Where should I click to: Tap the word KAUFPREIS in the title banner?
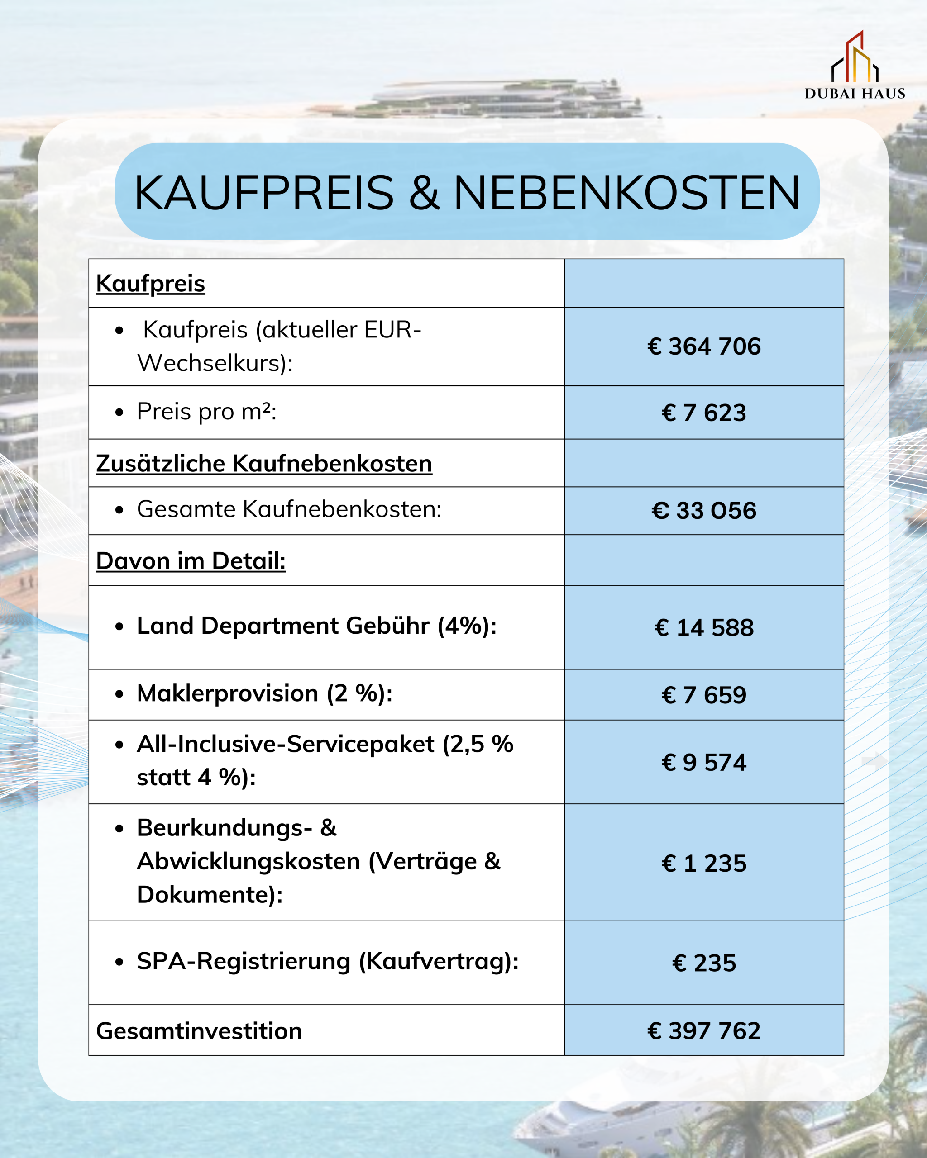[263, 193]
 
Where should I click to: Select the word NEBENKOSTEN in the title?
[626, 193]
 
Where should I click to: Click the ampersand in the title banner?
[424, 193]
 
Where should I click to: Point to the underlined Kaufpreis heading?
[150, 284]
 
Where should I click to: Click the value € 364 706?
[704, 346]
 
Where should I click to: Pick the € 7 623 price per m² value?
[704, 413]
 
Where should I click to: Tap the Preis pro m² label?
[206, 412]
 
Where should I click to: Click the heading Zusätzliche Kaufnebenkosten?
[264, 464]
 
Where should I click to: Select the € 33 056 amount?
[704, 511]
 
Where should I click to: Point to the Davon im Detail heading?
[191, 561]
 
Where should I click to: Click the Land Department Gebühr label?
[316, 626]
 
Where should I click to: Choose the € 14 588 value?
[704, 628]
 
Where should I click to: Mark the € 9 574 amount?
[704, 763]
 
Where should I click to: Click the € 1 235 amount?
[704, 864]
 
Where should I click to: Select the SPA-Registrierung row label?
[327, 961]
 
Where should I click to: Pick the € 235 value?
[704, 963]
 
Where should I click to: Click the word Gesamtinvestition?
[199, 1031]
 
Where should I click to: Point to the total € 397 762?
[704, 1031]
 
